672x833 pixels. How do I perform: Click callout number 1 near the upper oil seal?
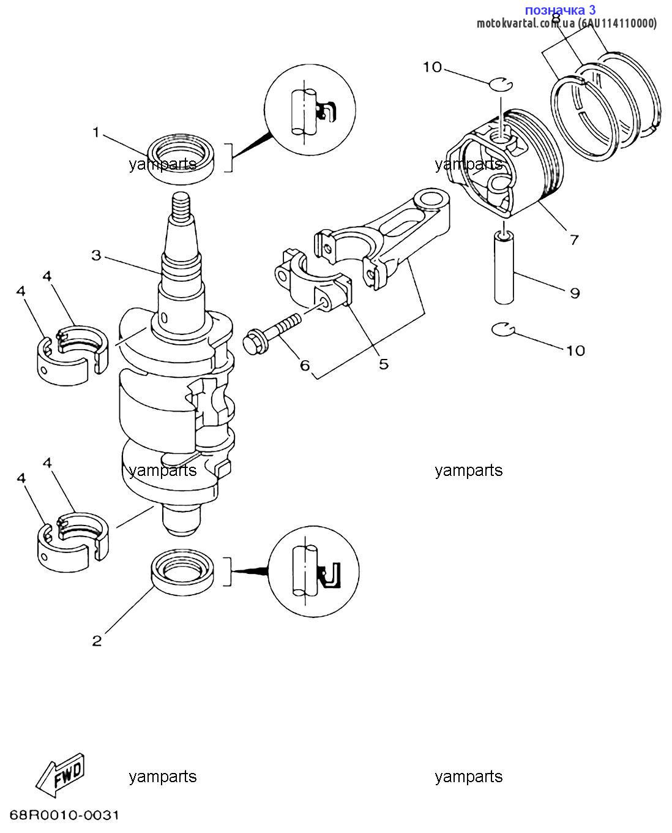pos(96,132)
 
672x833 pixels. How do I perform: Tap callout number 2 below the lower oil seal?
pos(97,641)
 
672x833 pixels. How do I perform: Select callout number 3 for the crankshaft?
pos(97,255)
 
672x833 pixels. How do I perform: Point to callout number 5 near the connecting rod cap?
pos(384,364)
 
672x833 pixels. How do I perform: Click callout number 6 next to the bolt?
pos(305,365)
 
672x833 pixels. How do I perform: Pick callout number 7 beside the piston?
pos(574,239)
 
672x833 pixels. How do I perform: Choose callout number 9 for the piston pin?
pos(575,293)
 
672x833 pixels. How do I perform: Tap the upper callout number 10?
pos(433,67)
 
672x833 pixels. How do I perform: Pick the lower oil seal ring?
pos(182,571)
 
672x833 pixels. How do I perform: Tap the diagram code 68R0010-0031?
pos(64,815)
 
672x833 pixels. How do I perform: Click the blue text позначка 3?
pos(560,10)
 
